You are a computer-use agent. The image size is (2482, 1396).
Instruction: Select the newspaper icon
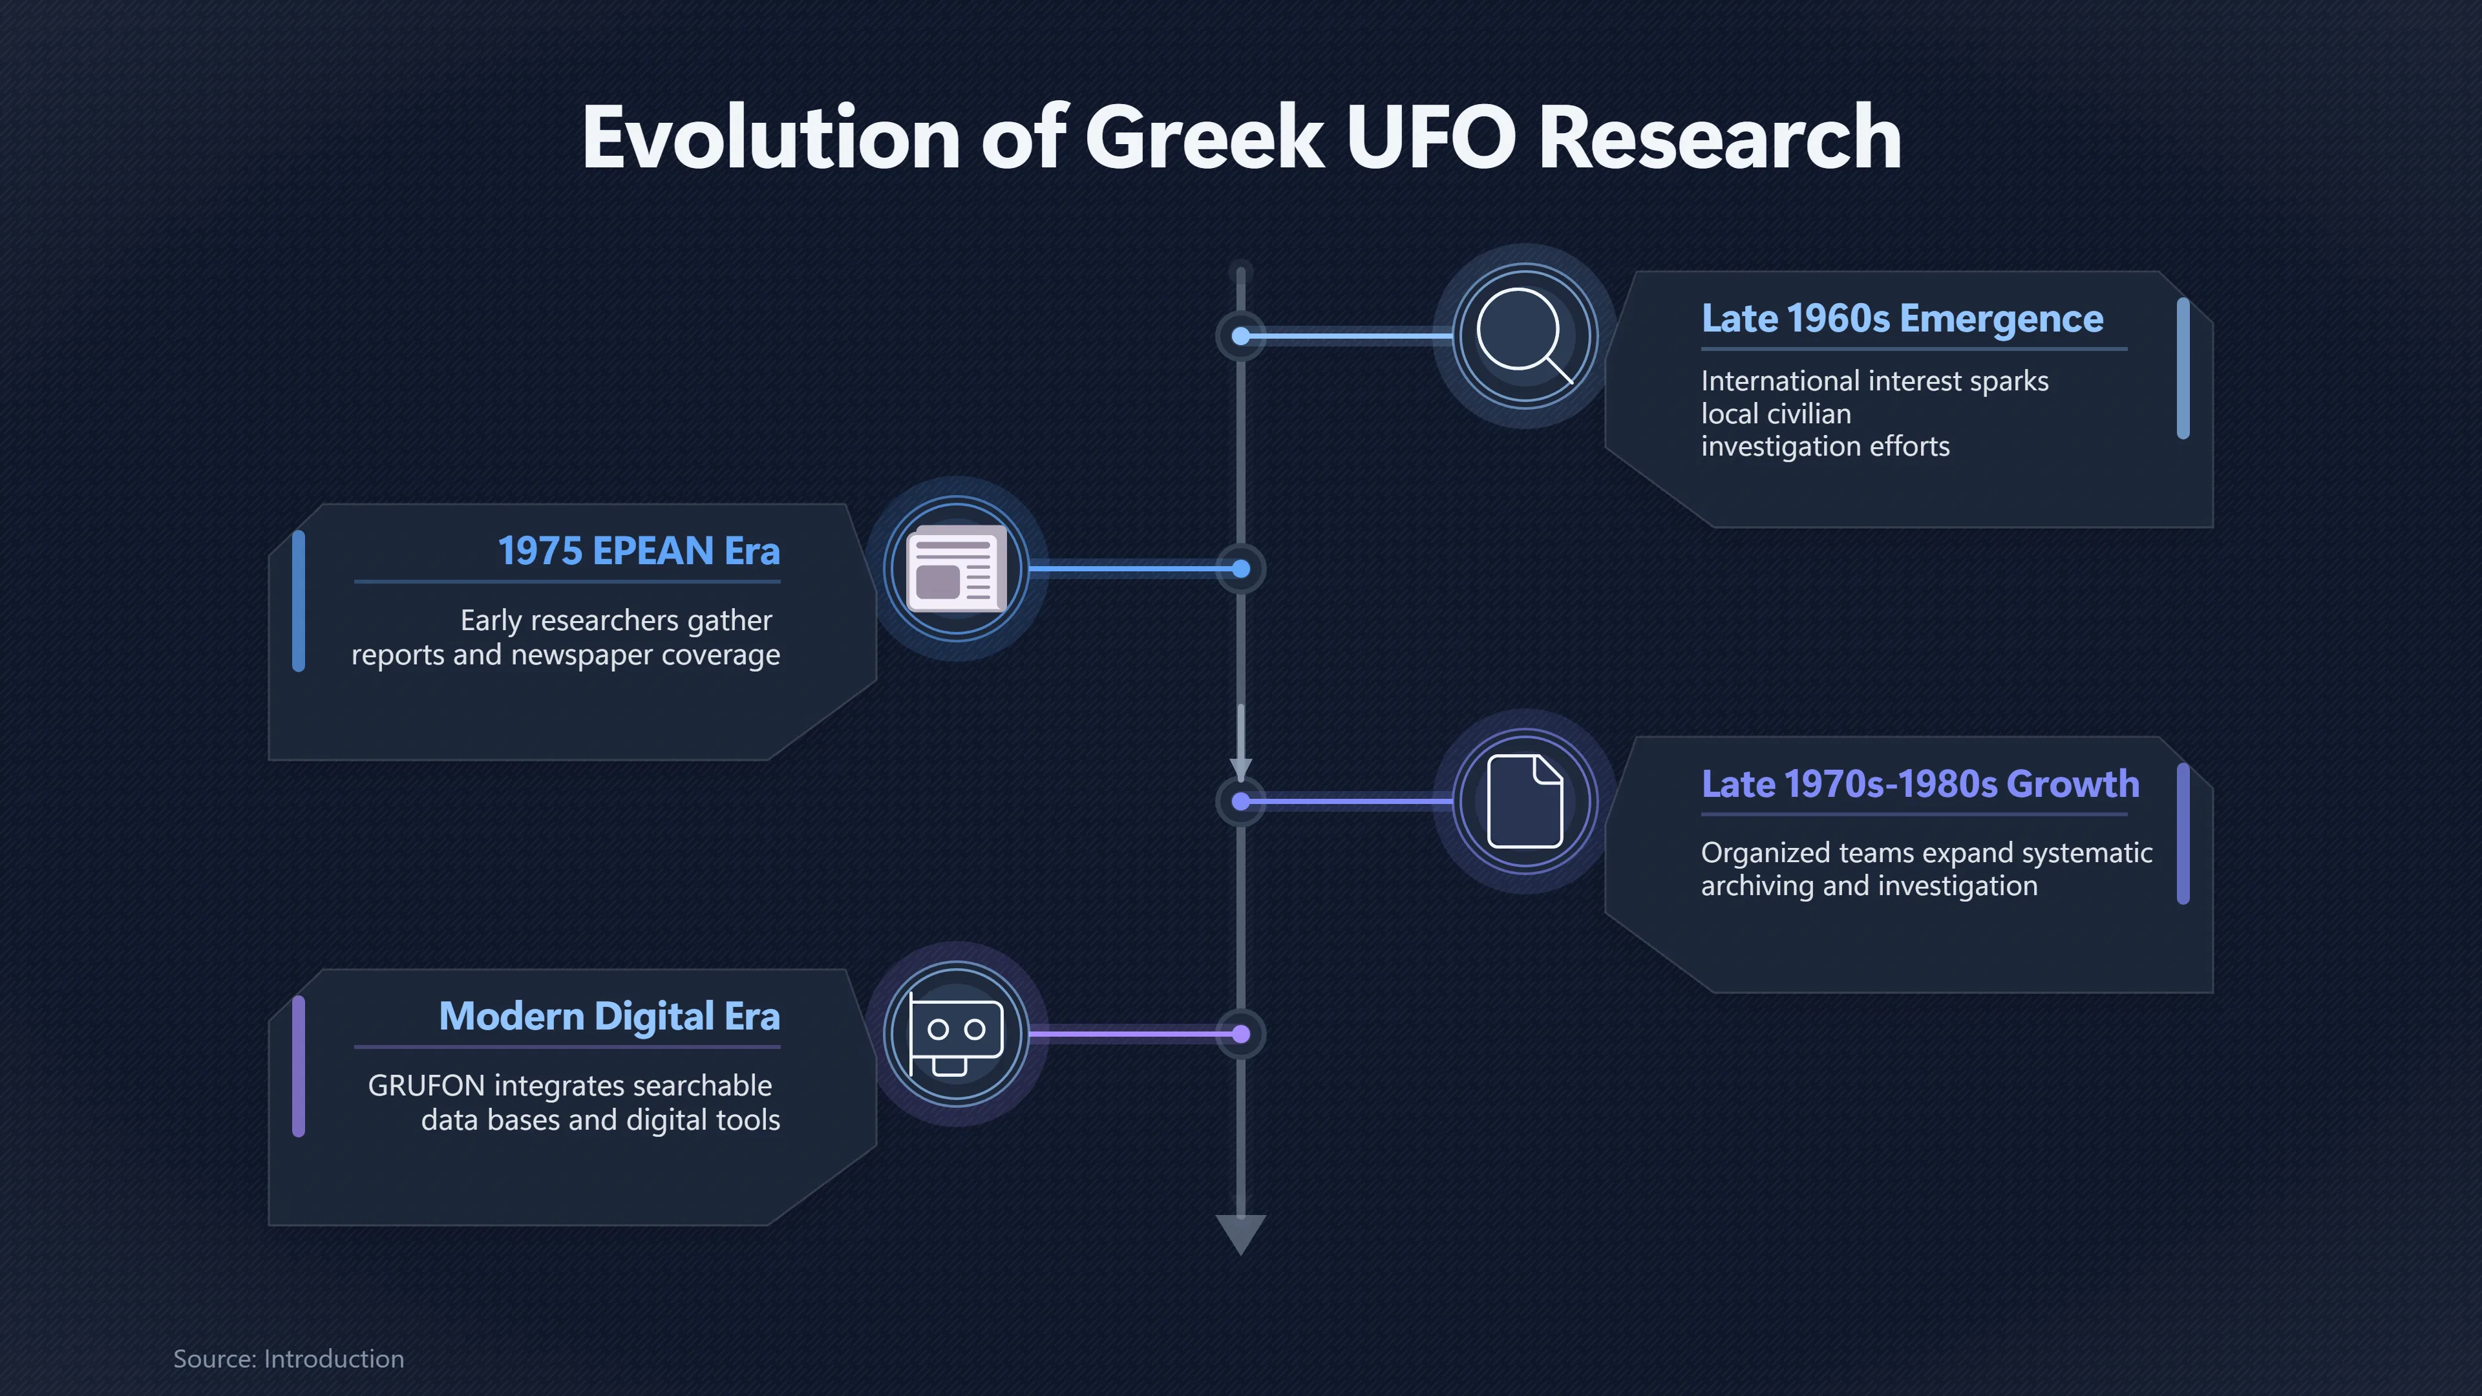[957, 569]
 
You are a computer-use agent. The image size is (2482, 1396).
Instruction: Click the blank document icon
[1525, 801]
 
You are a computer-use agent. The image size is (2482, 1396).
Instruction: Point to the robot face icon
[957, 1034]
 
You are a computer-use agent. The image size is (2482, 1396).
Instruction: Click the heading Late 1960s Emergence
[1902, 318]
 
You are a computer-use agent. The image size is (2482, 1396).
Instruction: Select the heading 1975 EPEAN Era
[639, 551]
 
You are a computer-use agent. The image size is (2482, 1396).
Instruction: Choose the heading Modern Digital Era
[609, 1017]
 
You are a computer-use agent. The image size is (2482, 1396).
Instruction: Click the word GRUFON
[426, 1086]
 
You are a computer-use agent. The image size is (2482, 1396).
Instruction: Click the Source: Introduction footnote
[288, 1359]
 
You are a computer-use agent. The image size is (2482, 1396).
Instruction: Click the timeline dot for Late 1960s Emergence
[1241, 336]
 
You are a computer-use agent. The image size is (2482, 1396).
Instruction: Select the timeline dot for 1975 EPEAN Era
[1241, 569]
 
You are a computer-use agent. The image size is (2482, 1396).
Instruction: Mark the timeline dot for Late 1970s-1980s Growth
[1241, 801]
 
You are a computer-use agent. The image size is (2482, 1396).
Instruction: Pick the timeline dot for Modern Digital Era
[1241, 1035]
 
